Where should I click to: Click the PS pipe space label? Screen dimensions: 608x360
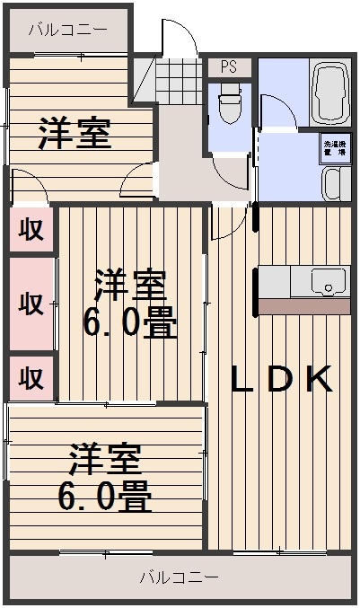point(229,67)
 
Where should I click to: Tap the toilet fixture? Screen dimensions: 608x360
point(230,106)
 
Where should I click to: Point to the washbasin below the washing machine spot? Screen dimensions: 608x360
point(334,186)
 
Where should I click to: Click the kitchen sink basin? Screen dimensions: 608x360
point(329,282)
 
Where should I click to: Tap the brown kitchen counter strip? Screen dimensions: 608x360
point(304,305)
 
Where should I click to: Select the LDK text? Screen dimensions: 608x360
point(282,380)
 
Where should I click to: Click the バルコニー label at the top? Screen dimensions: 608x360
point(67,30)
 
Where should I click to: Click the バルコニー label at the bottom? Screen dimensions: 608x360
point(179,577)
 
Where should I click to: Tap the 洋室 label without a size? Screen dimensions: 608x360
point(75,133)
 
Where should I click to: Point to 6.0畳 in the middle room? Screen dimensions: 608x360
point(130,321)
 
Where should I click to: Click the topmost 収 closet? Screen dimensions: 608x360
point(31,229)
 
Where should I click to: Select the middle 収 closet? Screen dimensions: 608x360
point(31,304)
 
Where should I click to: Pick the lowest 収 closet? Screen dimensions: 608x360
point(31,377)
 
